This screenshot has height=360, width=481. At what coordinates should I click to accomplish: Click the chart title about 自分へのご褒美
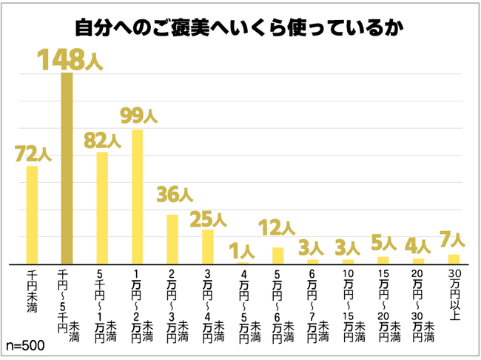[x=240, y=28]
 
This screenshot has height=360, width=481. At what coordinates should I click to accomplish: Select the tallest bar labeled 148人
[x=67, y=167]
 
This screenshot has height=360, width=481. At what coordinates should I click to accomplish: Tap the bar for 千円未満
[x=32, y=214]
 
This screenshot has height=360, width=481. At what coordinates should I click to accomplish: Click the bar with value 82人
[x=102, y=207]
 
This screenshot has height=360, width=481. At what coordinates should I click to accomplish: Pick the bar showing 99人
[x=137, y=196]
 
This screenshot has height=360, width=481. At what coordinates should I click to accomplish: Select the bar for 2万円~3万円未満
[x=172, y=239]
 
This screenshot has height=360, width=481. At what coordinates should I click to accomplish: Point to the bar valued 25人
[x=208, y=246]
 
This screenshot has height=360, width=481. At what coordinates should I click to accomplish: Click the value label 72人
[x=33, y=153]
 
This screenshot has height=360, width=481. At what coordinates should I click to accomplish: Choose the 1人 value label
[x=243, y=250]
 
